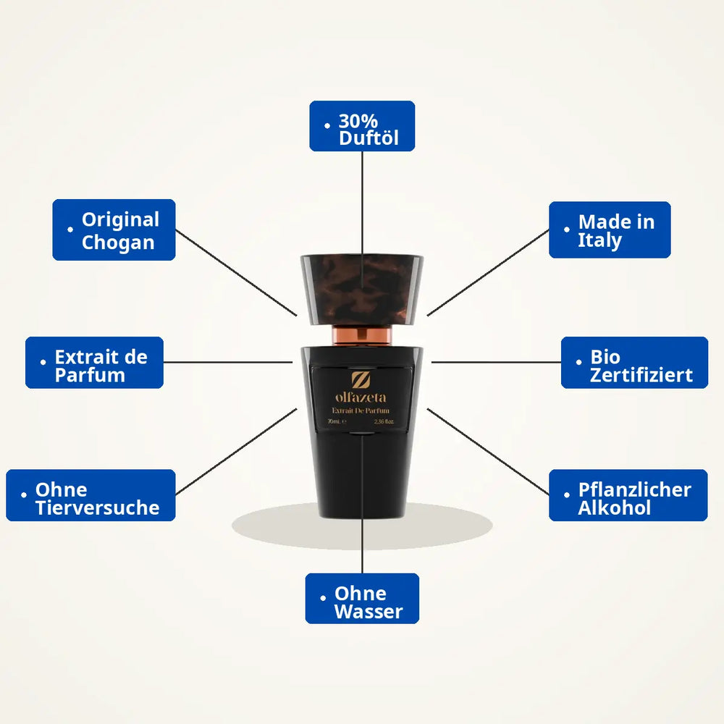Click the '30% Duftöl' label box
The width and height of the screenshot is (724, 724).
[362, 126]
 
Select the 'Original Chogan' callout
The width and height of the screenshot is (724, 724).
[114, 230]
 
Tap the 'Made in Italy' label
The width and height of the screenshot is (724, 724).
[610, 230]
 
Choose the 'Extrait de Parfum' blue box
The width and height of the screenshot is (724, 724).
[94, 363]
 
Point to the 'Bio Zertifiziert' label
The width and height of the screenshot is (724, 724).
[634, 363]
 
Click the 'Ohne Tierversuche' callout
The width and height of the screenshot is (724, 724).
[91, 495]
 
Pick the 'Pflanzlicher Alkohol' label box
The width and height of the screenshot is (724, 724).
[628, 495]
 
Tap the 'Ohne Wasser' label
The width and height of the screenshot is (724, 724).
[362, 599]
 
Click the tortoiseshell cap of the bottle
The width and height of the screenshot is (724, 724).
[362, 290]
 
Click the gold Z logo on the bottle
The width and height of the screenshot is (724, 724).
[361, 380]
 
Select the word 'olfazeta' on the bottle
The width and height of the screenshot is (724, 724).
[361, 397]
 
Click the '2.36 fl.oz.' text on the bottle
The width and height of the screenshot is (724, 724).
[384, 421]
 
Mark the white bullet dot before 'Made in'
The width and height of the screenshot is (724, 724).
[567, 229]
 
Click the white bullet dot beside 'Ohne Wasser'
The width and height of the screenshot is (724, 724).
[323, 598]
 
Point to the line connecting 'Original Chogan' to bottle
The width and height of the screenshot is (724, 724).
[237, 273]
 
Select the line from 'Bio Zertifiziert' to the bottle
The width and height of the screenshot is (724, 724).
[497, 363]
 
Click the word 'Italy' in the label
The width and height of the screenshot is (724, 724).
[599, 240]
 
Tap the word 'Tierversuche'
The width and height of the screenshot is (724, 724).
[98, 508]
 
